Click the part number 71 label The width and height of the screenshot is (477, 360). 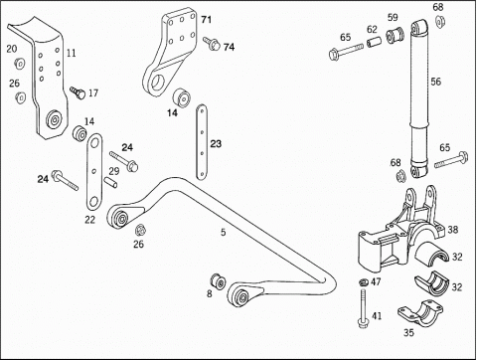206,20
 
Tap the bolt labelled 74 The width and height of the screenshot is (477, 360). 211,43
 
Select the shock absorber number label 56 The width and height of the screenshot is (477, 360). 436,82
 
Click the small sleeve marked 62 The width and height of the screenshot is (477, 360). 374,43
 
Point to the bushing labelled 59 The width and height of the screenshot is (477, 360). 396,35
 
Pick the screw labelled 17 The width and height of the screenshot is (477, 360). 78,92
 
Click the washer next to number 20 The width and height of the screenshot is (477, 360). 19,63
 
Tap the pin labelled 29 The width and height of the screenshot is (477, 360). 110,183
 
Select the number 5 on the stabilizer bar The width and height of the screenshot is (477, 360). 224,232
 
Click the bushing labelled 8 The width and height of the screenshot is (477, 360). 219,281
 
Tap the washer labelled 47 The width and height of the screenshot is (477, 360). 364,282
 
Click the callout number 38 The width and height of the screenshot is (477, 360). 453,230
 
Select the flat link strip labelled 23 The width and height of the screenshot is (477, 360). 202,142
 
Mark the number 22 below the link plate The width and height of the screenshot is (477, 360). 90,220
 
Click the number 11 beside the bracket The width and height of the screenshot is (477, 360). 72,53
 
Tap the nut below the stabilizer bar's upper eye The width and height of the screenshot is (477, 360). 141,230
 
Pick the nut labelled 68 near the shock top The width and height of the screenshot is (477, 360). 440,22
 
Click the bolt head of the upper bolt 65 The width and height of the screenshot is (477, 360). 334,54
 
